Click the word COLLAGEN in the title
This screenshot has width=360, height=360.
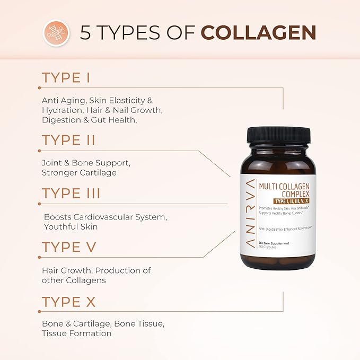point(258,32)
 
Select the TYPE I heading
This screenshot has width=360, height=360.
point(66,78)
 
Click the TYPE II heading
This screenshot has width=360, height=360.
point(68,140)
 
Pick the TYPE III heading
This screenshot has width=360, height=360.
point(71,193)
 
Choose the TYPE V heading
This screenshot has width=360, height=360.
point(68,247)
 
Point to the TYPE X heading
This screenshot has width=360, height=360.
point(68,302)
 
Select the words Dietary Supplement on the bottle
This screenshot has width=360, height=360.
point(274,243)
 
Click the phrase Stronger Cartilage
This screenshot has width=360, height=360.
point(79,173)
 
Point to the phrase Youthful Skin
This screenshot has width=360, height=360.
point(71,227)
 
